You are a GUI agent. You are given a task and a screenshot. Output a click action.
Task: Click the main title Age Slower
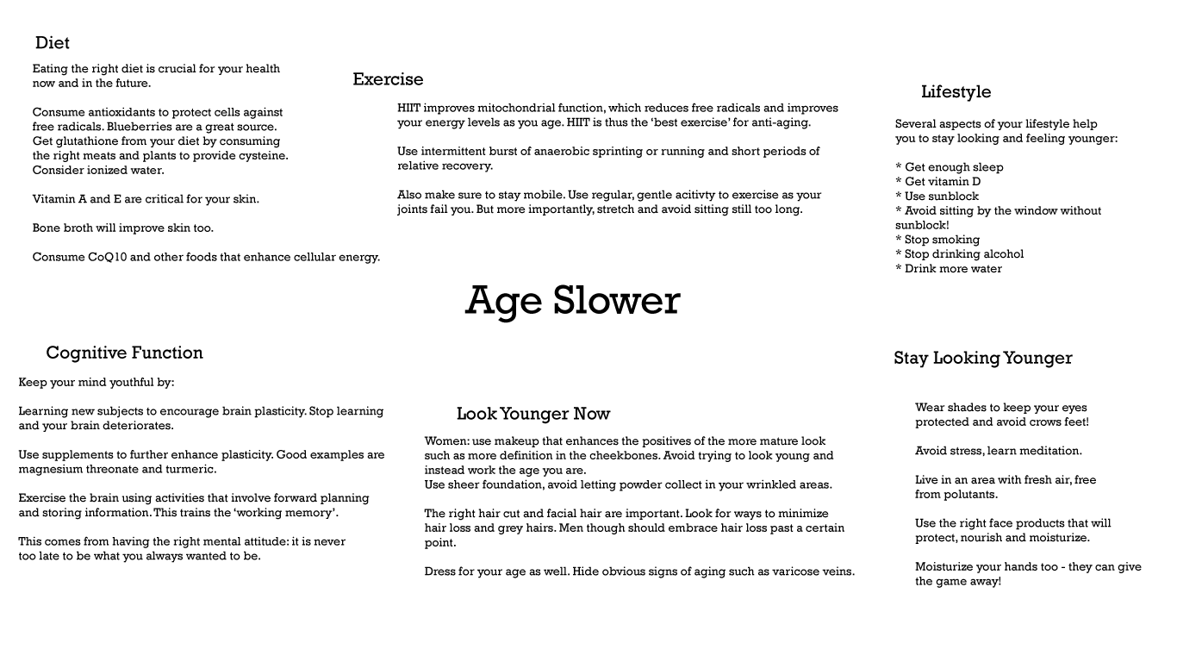pos(572,301)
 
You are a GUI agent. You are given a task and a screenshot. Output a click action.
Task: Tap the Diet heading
pos(53,43)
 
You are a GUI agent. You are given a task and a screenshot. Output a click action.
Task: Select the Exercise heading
pos(388,79)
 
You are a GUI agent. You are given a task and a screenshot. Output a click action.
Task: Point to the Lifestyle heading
pos(956,92)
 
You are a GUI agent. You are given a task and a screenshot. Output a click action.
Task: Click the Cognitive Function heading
pos(124,353)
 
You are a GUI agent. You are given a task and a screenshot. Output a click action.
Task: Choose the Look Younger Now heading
pos(532,414)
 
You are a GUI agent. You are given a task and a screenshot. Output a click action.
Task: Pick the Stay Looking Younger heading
pos(982,358)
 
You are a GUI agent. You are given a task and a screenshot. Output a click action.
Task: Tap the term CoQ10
pos(107,257)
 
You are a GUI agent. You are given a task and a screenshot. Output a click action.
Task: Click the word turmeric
pos(191,470)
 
